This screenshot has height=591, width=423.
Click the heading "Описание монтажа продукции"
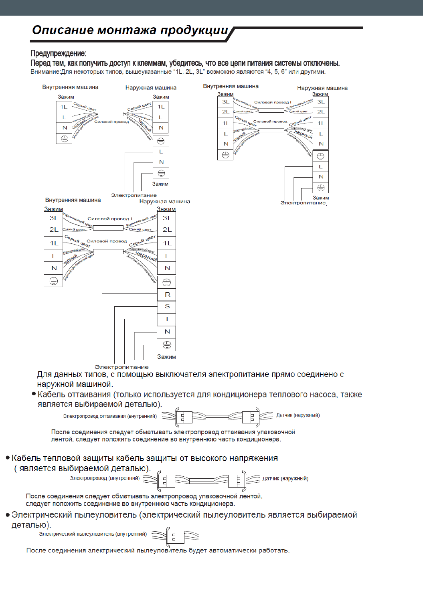coord(130,30)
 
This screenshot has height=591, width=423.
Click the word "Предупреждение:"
coord(58,53)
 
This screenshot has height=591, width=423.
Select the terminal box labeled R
coord(167,294)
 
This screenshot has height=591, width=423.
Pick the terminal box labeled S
coord(167,307)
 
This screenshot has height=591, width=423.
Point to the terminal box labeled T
coord(167,319)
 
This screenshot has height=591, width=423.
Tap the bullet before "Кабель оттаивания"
coord(34,394)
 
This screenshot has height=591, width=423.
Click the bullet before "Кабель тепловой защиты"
coord(8,458)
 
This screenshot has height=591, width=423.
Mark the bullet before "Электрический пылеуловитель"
coord(8,515)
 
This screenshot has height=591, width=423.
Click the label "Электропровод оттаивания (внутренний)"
coord(109,416)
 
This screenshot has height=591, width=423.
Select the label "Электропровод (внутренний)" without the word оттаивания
coord(105,478)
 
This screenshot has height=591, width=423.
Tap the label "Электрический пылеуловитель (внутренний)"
coord(93,534)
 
